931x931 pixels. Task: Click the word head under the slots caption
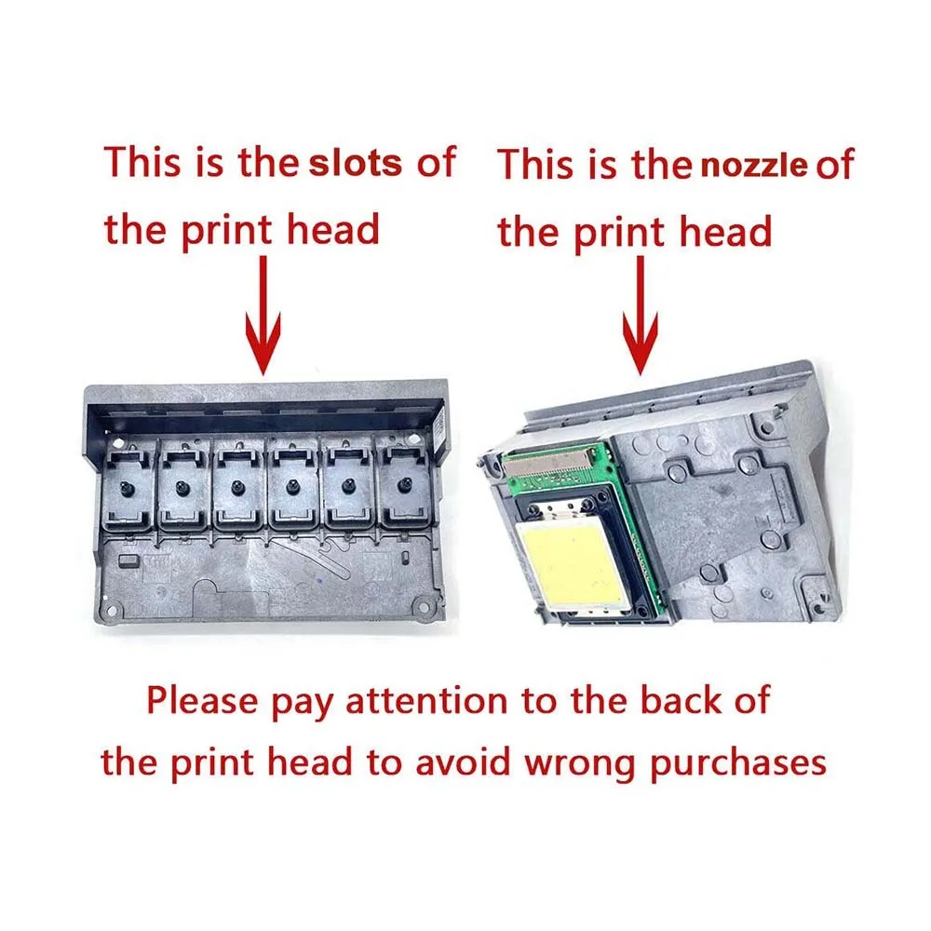pyautogui.click(x=333, y=229)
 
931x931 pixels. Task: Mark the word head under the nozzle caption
pyautogui.click(x=726, y=231)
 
